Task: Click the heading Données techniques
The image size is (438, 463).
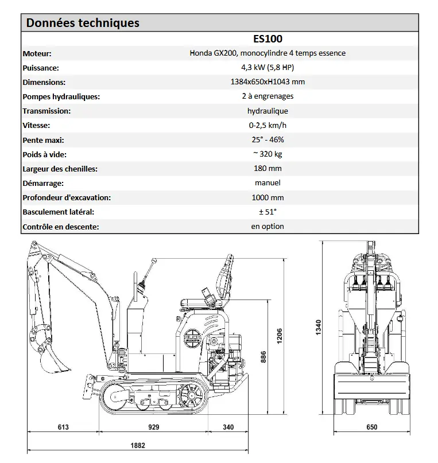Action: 83,23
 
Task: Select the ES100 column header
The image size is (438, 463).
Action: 268,39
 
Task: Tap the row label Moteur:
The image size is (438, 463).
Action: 37,53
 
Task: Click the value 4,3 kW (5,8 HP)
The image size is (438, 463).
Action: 268,68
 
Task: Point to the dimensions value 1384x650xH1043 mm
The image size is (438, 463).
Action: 268,82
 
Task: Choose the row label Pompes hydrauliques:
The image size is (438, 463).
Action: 61,96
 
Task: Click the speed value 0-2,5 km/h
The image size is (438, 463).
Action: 268,125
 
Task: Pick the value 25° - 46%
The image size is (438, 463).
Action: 268,139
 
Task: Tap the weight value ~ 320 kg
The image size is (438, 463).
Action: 268,154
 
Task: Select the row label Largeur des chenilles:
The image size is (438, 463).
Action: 60,169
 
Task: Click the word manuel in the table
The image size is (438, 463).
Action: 268,183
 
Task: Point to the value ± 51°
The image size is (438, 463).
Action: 268,212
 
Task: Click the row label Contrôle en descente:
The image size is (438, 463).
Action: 60,227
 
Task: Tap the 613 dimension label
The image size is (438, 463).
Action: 63,427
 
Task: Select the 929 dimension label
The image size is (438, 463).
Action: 153,427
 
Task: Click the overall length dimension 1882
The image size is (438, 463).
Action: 138,445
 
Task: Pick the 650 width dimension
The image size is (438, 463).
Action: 371,427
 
